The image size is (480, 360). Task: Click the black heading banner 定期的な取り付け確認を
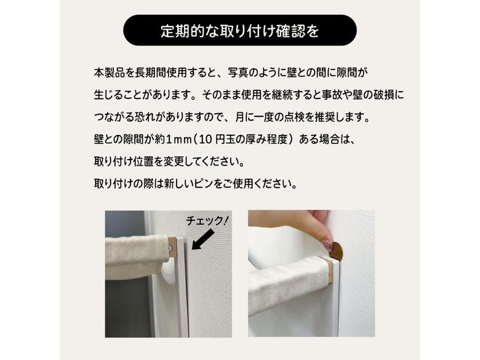[240, 30]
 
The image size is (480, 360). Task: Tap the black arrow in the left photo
[202, 240]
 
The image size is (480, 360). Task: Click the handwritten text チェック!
[207, 220]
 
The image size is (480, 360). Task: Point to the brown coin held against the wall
[336, 250]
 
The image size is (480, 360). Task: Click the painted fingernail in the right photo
[327, 245]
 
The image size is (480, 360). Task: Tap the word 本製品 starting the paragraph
[110, 73]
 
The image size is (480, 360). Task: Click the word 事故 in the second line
[332, 95]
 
